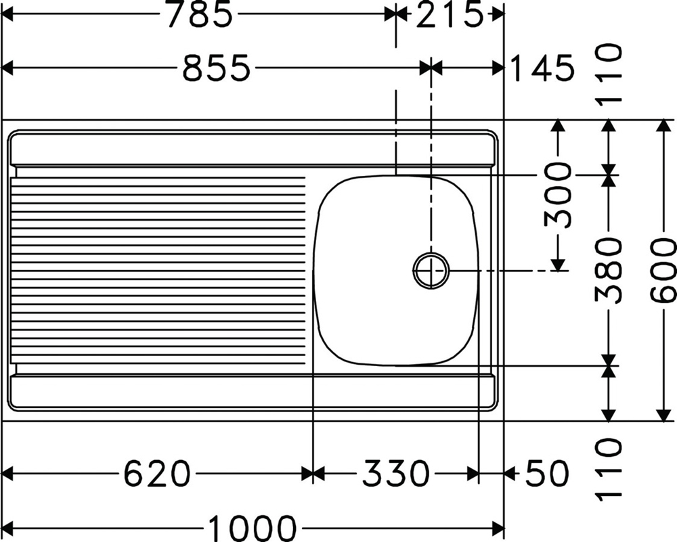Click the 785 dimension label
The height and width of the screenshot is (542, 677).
pos(200,15)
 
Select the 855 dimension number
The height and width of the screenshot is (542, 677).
pos(217,68)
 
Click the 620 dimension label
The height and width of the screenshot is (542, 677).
pos(157,474)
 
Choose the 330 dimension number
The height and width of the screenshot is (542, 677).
pos(396,474)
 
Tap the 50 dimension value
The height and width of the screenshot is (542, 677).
pos(546,474)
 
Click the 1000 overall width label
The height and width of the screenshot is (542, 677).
pos(253,527)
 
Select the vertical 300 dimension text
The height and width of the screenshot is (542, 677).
pos(558,195)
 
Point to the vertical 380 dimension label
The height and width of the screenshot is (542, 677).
pos(609,271)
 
